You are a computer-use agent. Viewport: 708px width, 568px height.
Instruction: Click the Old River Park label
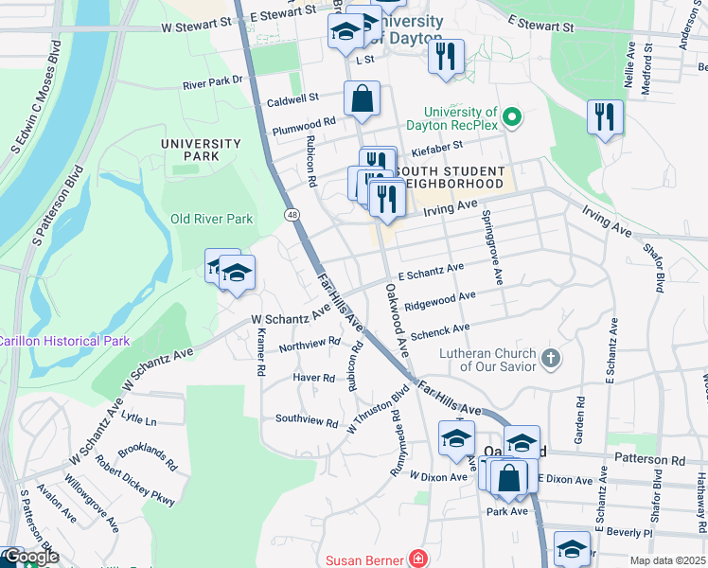211,219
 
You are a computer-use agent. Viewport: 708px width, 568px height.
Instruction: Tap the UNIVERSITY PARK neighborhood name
201,150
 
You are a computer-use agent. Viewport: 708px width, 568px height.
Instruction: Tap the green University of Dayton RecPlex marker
512,118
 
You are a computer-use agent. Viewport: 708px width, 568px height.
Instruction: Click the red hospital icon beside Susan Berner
417,559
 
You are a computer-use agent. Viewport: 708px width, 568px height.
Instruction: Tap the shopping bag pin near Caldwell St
362,98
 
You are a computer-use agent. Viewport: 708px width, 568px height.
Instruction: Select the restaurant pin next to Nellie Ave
605,117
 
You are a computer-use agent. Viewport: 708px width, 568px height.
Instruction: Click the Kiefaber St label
431,147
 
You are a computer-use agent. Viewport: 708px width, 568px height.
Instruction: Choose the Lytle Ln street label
138,419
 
